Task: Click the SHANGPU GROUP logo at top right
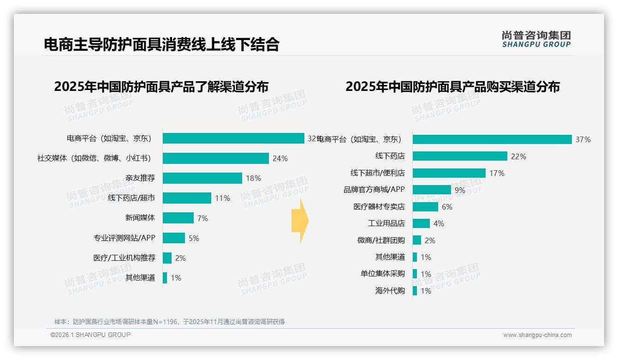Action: (536, 39)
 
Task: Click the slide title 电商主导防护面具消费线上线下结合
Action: (161, 44)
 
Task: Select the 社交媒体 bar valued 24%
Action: (215, 158)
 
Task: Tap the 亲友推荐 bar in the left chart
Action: (202, 178)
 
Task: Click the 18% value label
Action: (253, 178)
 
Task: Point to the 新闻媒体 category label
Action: (140, 218)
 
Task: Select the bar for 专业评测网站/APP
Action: (173, 238)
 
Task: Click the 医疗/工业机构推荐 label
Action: (124, 258)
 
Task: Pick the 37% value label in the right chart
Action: (583, 139)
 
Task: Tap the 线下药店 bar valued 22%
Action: (460, 156)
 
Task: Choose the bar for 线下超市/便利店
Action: (449, 173)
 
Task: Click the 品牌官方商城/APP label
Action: (374, 190)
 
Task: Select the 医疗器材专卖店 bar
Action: (425, 207)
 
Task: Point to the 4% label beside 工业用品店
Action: (439, 223)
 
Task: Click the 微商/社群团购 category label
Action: (381, 240)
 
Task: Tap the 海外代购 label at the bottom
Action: (390, 291)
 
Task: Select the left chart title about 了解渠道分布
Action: (161, 87)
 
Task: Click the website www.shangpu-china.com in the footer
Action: (537, 335)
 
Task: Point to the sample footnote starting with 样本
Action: (169, 322)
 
